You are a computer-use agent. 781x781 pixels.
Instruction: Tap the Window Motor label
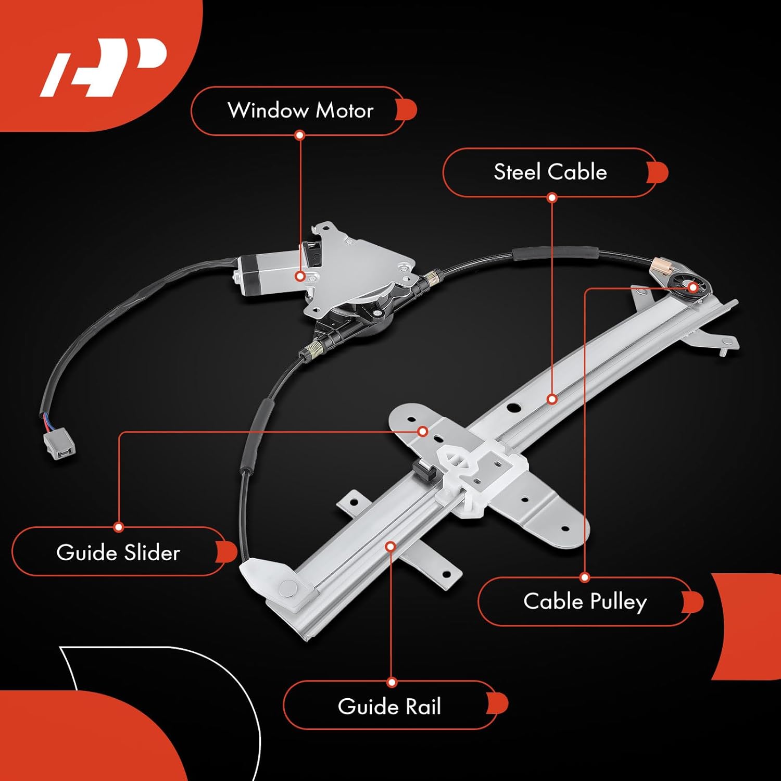coord(300,111)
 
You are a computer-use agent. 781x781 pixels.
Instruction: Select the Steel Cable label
coord(550,172)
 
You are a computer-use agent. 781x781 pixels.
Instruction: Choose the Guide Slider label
coord(118,552)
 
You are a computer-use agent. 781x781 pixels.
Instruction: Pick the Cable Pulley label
coord(585,601)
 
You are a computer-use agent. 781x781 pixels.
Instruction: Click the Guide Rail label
coord(389,707)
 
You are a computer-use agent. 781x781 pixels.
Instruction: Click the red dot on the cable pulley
coord(692,287)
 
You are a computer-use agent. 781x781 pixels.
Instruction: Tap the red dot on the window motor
coord(300,276)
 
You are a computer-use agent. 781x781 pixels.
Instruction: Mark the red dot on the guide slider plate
coord(423,432)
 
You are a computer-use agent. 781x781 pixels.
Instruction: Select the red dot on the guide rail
coord(391,546)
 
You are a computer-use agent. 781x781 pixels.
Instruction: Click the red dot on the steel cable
coord(552,399)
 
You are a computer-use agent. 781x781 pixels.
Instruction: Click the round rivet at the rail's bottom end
coord(288,587)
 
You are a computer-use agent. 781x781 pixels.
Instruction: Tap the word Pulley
coord(618,602)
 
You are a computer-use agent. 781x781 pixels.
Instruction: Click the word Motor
coord(344,111)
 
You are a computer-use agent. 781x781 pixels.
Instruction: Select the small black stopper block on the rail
coord(424,472)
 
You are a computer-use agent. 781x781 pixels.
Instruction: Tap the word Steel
coord(518,172)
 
